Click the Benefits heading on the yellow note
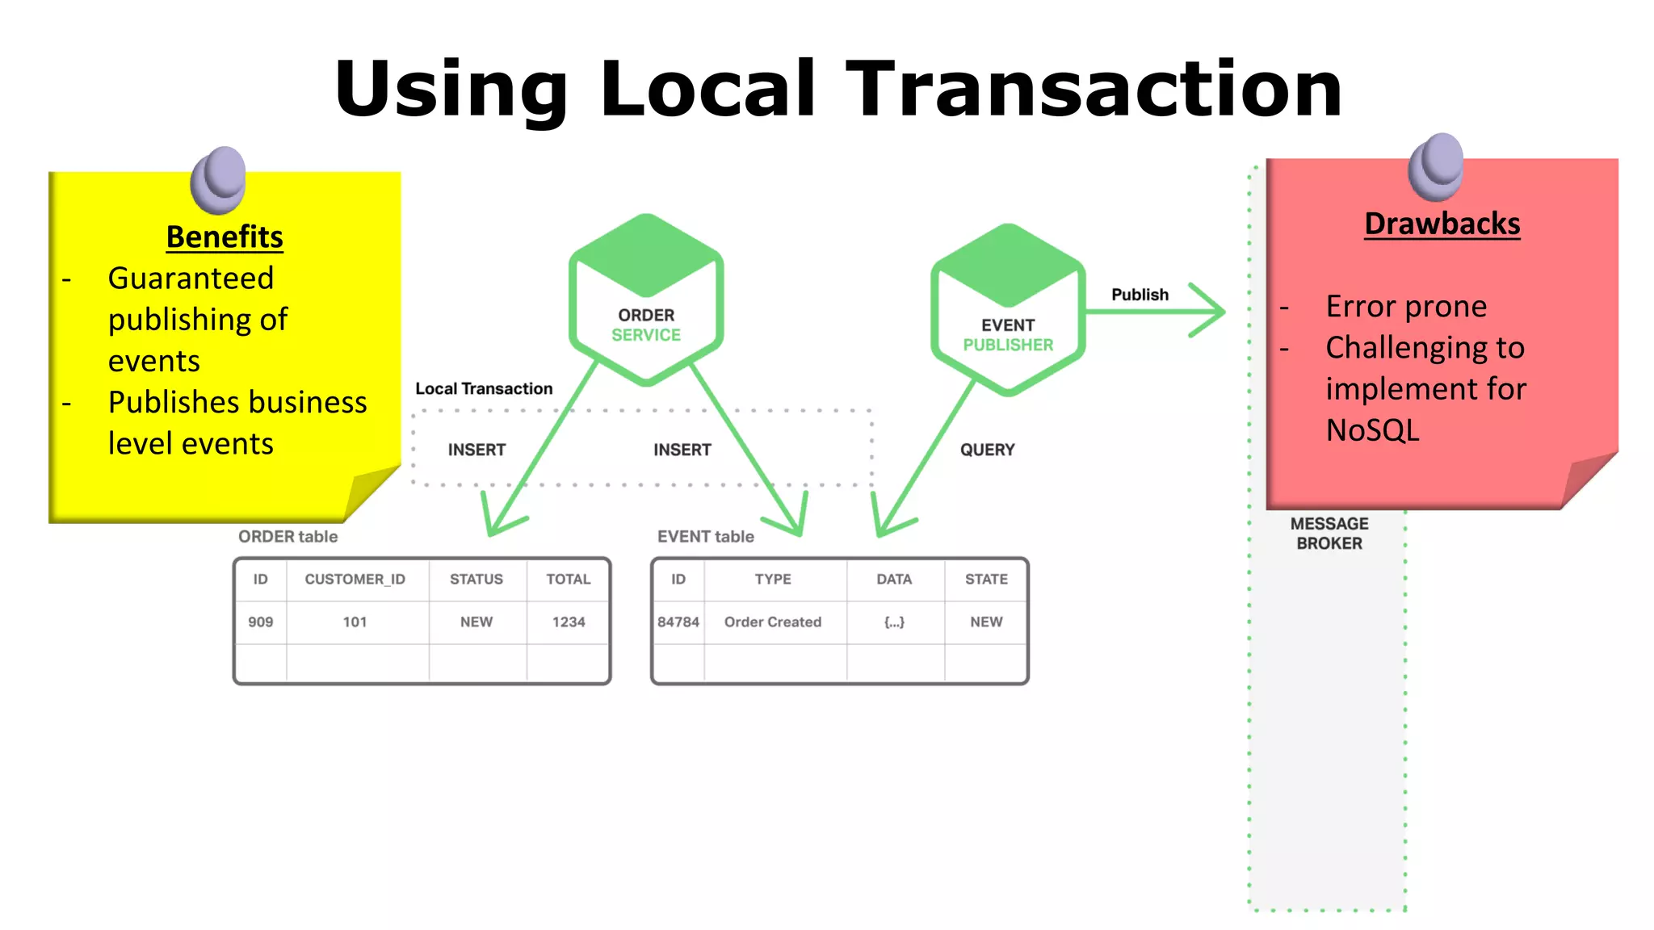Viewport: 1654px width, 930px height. (x=225, y=237)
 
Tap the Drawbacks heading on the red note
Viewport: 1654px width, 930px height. (x=1442, y=224)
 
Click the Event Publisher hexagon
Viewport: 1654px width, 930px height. (x=1007, y=310)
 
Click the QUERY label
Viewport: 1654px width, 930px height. (x=987, y=450)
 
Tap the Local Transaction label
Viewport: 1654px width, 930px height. (x=484, y=388)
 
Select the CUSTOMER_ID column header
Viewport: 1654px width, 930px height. (x=355, y=579)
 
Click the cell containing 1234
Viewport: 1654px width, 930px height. (x=569, y=622)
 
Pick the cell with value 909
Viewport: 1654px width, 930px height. (x=260, y=622)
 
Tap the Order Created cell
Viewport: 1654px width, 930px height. (x=773, y=622)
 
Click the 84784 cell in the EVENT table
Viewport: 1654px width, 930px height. (x=678, y=622)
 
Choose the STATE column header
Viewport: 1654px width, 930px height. (x=986, y=579)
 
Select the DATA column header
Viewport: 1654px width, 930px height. (x=894, y=579)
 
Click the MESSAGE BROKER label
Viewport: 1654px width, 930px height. (x=1329, y=534)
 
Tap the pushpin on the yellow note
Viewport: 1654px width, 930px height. (x=219, y=178)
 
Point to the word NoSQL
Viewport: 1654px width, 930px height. (x=1372, y=429)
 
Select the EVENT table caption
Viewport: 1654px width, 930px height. (x=705, y=537)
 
